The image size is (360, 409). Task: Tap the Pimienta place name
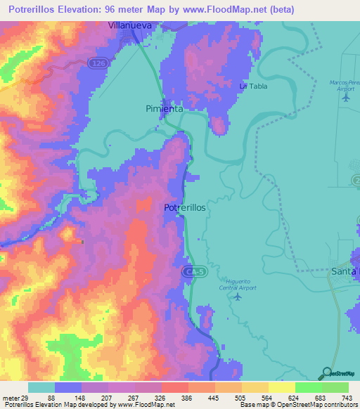(165, 109)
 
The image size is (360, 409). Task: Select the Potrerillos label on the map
(184, 208)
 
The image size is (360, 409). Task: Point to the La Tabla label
(254, 86)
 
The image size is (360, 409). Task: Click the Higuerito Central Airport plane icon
(237, 295)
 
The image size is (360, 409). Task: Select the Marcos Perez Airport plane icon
(345, 97)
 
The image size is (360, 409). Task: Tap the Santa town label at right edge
(345, 271)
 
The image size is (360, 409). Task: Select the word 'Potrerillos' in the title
(35, 9)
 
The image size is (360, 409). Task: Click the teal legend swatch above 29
(41, 387)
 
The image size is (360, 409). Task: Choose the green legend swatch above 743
(335, 387)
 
